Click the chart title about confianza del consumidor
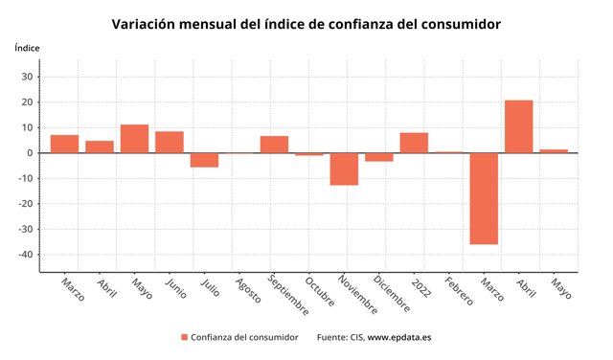click(x=306, y=23)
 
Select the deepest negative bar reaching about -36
click(x=484, y=198)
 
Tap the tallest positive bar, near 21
click(x=518, y=126)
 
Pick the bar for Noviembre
click(x=344, y=169)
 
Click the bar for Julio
click(x=204, y=160)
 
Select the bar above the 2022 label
click(x=414, y=143)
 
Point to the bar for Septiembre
click(x=274, y=145)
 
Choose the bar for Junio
click(x=170, y=142)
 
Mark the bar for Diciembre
click(x=379, y=157)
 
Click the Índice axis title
click(x=28, y=48)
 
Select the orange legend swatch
click(x=183, y=337)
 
